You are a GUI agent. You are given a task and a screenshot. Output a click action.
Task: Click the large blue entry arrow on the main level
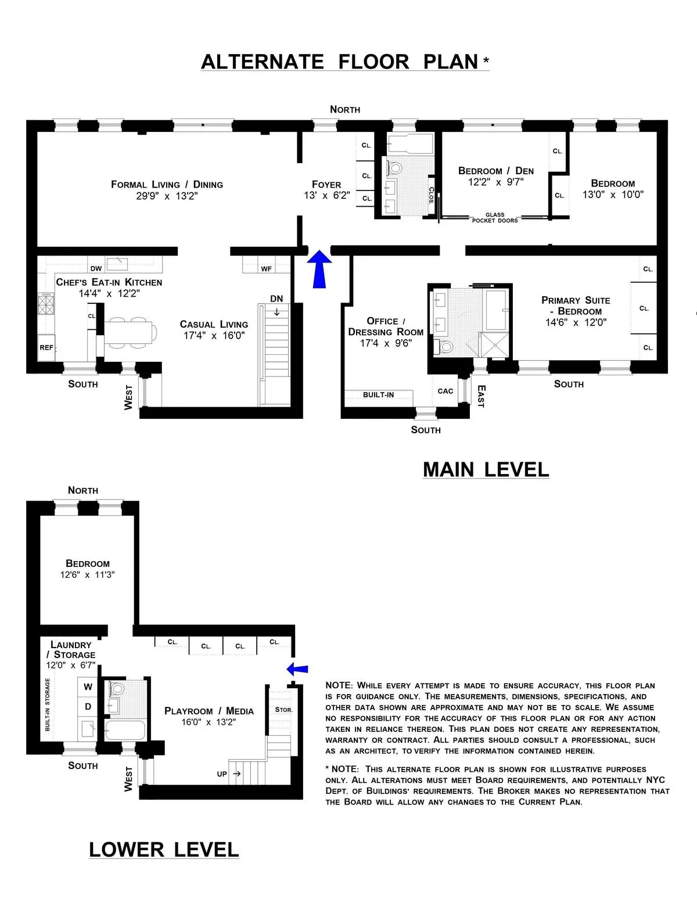point(318,269)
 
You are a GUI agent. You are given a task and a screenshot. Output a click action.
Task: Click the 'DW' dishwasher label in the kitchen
point(96,268)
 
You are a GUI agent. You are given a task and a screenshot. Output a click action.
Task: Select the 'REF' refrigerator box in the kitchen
point(46,348)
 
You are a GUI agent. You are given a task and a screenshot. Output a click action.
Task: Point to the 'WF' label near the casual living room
point(266,269)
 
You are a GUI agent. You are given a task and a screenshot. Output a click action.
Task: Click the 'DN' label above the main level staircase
point(276,299)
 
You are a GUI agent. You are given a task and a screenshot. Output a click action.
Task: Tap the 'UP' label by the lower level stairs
point(222,774)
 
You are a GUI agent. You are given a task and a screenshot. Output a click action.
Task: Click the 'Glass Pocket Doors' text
point(495,218)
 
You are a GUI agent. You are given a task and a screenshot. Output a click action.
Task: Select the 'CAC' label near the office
point(445,391)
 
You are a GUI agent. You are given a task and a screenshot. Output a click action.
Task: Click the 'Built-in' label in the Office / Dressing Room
point(378,395)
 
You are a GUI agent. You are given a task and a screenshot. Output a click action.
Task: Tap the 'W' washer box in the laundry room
point(88,687)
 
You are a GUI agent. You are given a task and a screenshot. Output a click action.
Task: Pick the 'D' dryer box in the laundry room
point(88,706)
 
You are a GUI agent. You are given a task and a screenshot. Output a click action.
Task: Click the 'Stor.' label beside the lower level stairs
point(283,710)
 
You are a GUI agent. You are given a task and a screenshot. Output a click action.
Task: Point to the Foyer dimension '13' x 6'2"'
point(326,196)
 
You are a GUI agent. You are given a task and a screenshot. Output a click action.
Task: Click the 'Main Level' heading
point(486,469)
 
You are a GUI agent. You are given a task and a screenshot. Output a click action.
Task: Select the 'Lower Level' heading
point(164,850)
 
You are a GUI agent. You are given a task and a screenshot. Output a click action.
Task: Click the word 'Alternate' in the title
point(262,62)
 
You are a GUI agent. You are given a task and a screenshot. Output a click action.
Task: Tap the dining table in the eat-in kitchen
point(131,332)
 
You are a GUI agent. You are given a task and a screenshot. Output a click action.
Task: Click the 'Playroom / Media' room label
point(209,711)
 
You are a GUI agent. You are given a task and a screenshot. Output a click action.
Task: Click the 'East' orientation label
point(480,396)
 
